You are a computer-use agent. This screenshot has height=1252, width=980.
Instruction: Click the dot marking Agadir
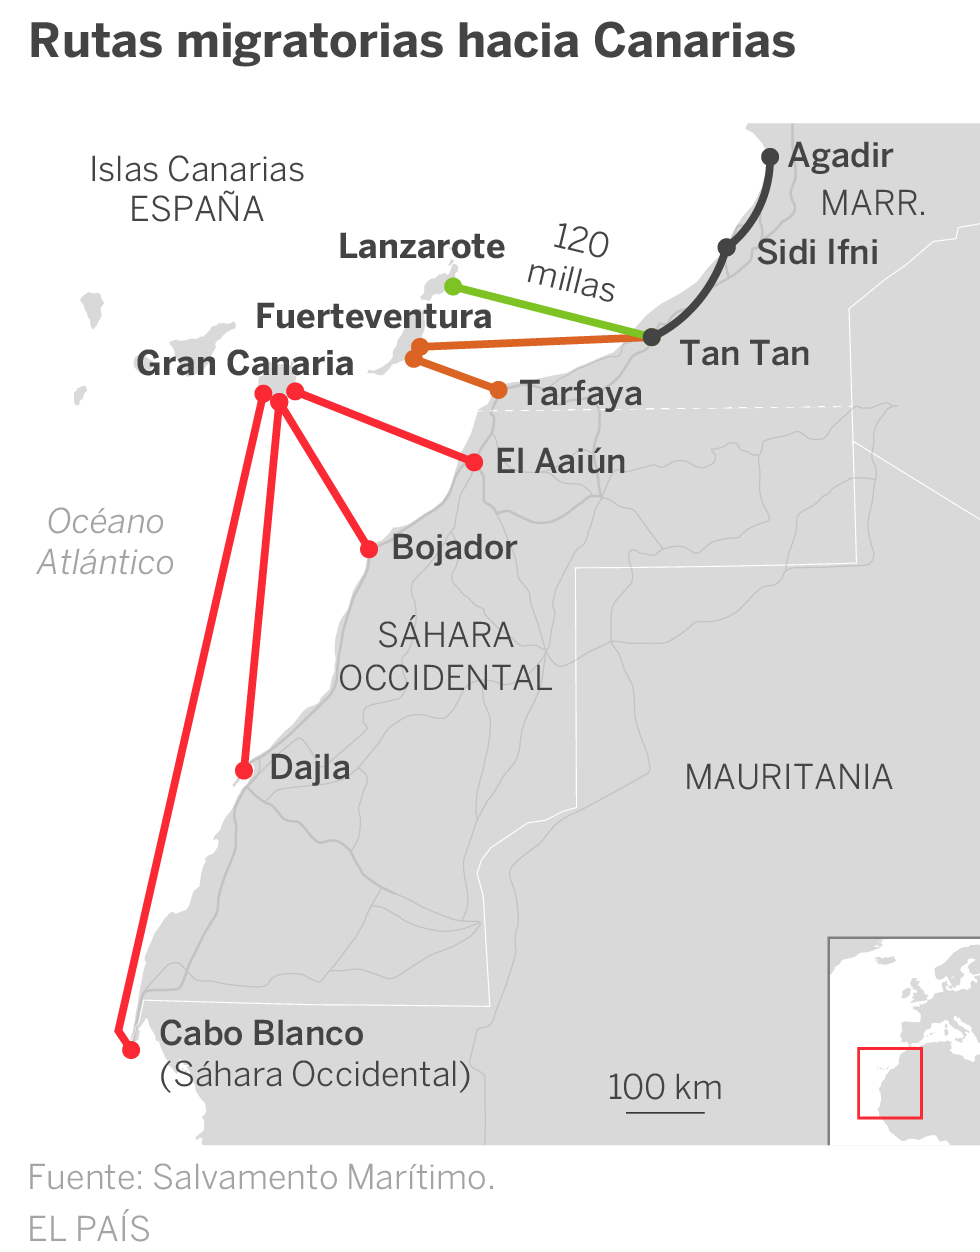(770, 157)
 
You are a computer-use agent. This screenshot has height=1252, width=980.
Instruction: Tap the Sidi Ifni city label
(817, 252)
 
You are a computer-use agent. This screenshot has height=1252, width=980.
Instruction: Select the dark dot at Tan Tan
(651, 337)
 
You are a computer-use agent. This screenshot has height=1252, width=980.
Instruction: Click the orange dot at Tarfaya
(498, 390)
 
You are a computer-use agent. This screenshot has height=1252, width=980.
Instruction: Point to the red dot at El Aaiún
(474, 462)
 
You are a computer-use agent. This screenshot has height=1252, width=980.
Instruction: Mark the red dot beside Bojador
(368, 549)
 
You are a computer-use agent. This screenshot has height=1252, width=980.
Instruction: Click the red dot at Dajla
(244, 770)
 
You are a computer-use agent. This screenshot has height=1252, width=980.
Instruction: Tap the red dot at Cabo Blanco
(131, 1050)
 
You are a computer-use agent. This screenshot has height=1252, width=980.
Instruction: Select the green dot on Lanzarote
(453, 287)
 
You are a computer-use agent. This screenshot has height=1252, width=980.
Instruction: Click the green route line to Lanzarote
(550, 311)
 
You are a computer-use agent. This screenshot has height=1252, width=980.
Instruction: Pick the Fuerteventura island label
(374, 317)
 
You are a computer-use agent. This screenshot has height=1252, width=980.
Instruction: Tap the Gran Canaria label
(245, 363)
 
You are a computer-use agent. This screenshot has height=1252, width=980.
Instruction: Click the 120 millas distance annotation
(575, 261)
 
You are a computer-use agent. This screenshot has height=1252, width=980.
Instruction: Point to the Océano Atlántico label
(106, 542)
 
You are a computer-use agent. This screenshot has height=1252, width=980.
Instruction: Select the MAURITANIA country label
(788, 777)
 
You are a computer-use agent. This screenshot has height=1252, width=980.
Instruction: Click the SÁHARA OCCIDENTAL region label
(446, 657)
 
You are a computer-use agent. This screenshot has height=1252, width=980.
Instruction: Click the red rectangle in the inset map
(889, 1082)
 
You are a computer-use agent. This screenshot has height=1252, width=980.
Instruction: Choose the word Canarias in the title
(694, 42)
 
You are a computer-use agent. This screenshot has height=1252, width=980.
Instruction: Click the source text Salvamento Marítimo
(323, 1178)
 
